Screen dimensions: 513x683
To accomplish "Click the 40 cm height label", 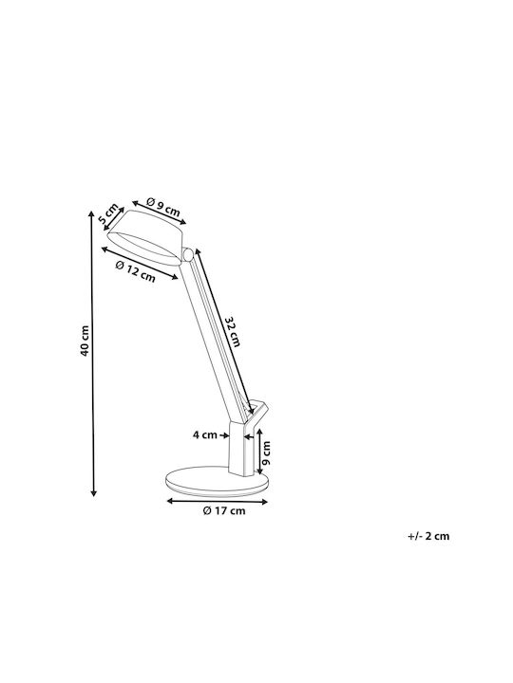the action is tap(85, 341).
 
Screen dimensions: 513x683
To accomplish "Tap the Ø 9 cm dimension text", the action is tap(163, 207).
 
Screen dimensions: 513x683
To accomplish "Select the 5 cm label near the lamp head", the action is tap(107, 213).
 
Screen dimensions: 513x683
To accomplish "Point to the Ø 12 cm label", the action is tap(135, 271).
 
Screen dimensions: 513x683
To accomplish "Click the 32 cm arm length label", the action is tap(233, 331).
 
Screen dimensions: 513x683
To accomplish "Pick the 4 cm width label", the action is tap(204, 434).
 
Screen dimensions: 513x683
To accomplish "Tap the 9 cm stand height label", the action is tap(266, 452).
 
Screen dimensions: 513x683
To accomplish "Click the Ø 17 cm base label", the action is tap(224, 510).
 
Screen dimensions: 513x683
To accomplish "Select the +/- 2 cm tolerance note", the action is tap(428, 536).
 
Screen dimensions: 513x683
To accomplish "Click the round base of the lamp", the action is tap(217, 482).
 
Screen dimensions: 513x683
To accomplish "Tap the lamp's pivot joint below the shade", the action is tap(188, 254).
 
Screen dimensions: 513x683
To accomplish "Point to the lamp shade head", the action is tap(146, 238).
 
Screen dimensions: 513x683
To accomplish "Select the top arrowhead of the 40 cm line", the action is tap(91, 214).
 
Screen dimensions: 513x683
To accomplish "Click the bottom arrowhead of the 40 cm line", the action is tap(93, 492).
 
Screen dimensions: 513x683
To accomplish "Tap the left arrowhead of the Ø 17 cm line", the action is tap(171, 502).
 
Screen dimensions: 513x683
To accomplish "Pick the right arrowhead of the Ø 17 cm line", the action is tap(264, 502).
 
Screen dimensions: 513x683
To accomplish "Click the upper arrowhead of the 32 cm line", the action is tap(198, 251).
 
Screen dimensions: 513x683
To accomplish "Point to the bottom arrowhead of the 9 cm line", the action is tap(259, 471).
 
